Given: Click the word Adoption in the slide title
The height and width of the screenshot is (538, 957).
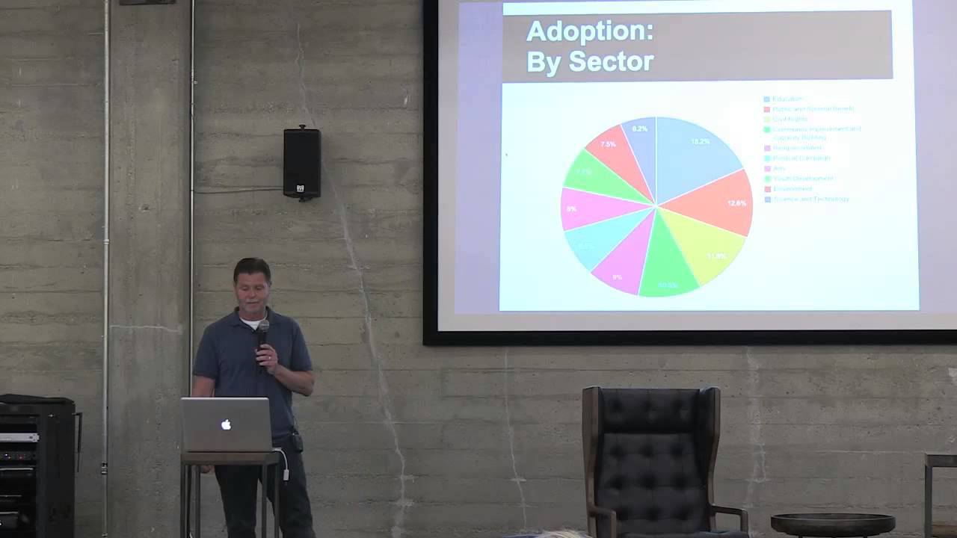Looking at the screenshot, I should pyautogui.click(x=589, y=32).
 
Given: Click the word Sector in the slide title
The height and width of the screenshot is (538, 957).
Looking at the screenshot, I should pyautogui.click(x=611, y=61).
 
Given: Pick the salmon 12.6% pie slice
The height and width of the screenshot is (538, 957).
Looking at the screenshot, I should pyautogui.click(x=714, y=202).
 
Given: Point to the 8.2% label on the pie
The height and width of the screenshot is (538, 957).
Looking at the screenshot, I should pyautogui.click(x=639, y=129).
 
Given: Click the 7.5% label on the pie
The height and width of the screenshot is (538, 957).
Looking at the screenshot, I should pyautogui.click(x=608, y=144).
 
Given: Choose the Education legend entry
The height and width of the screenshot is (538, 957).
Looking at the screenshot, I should pyautogui.click(x=787, y=99).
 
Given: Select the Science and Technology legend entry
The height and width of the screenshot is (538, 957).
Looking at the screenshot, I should pyautogui.click(x=811, y=200).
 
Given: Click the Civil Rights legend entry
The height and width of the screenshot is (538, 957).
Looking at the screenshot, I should pyautogui.click(x=790, y=119).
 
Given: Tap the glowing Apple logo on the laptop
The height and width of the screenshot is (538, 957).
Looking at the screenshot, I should pyautogui.click(x=226, y=424).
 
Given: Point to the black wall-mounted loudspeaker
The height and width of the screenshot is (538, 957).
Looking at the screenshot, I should pyautogui.click(x=302, y=163).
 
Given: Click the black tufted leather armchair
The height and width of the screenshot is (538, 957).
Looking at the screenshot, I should pyautogui.click(x=650, y=456).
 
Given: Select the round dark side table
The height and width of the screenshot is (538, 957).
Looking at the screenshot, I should pyautogui.click(x=831, y=524).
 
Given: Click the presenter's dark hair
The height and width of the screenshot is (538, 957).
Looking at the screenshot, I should pyautogui.click(x=251, y=270).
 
